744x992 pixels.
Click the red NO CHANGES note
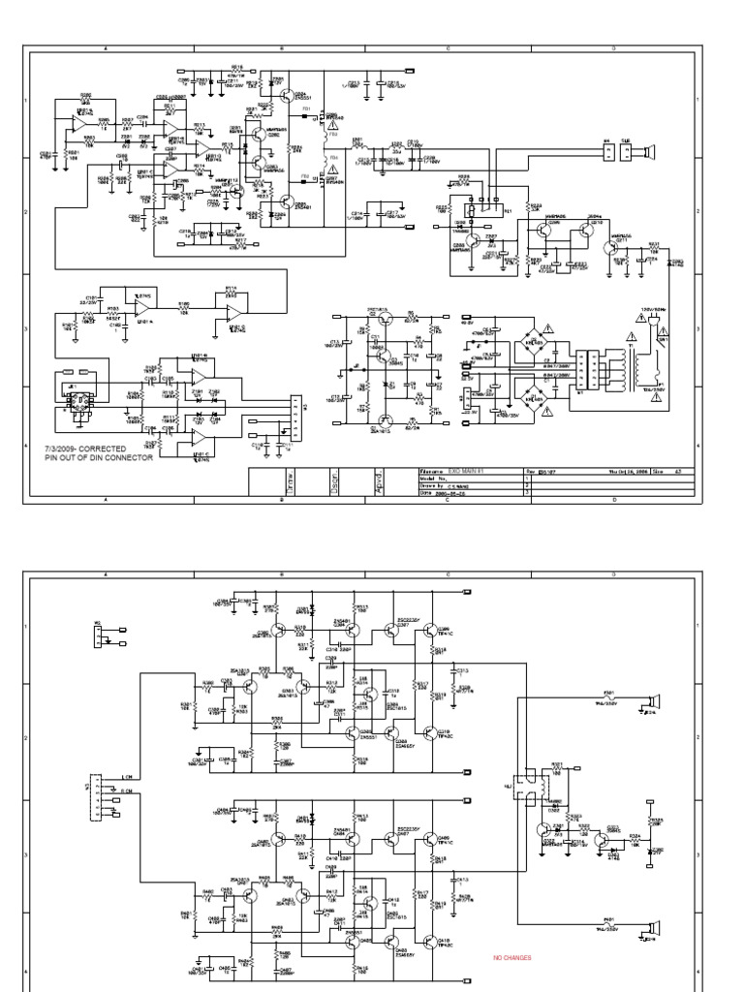click(512, 958)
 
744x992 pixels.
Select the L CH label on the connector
click(126, 778)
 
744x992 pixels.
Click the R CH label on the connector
click(126, 791)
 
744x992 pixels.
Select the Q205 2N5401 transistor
click(286, 202)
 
